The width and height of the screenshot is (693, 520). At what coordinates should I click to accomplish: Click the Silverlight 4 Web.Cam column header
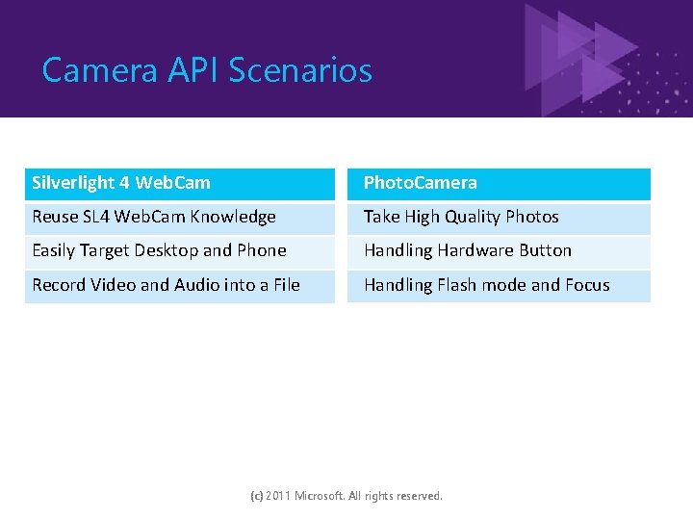click(x=121, y=183)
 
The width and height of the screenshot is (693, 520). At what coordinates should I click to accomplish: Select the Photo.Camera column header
click(x=420, y=183)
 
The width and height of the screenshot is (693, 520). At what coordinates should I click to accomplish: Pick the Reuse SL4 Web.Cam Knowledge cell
click(x=154, y=218)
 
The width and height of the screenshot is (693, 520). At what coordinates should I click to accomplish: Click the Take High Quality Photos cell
click(x=461, y=218)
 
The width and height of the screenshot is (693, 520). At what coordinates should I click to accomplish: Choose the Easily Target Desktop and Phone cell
click(x=159, y=250)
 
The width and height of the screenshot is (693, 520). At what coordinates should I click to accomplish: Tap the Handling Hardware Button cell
click(x=468, y=250)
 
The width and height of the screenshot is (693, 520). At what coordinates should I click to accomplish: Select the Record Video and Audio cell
click(x=166, y=285)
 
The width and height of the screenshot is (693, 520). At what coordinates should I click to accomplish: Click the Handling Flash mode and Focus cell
click(x=486, y=285)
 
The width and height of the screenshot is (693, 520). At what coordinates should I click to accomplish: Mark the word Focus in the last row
click(x=587, y=285)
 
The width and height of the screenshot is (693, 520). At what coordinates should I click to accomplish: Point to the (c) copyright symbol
click(x=256, y=496)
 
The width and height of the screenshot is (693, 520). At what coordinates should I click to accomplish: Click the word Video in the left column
click(x=112, y=285)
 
